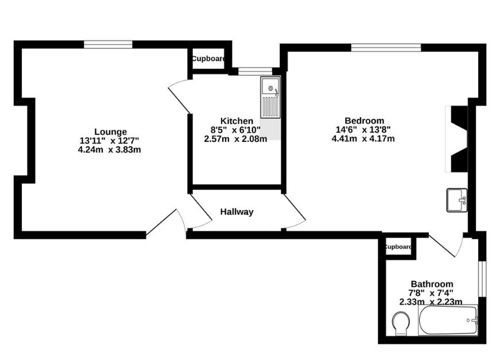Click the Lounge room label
(110, 131)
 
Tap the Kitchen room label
(237, 121)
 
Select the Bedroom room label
(363, 121)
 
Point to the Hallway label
(237, 212)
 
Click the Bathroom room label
(431, 284)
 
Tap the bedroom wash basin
(457, 200)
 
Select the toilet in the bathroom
(401, 324)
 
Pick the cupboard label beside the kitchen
(208, 59)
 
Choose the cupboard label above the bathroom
(397, 247)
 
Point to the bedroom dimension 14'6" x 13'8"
(363, 129)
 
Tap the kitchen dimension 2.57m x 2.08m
(235, 138)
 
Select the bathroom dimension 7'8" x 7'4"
(431, 292)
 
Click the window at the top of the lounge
(108, 44)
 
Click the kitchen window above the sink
(251, 71)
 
